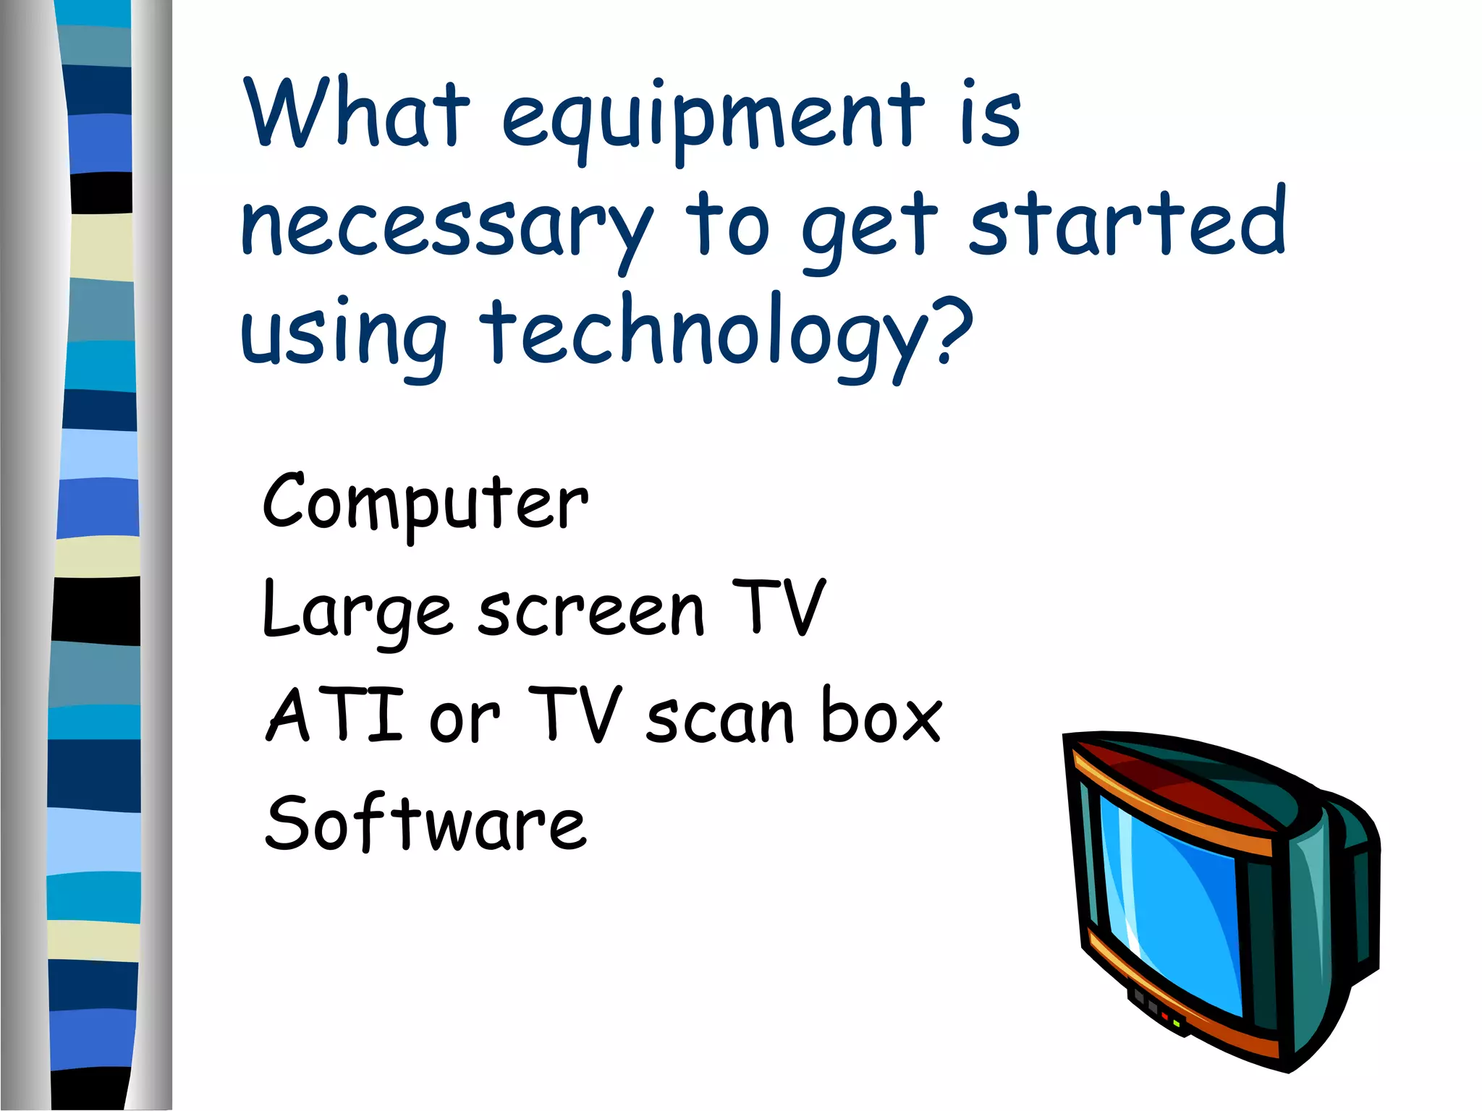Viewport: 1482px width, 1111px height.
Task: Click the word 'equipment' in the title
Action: (713, 119)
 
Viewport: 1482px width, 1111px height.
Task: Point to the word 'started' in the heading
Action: (1127, 221)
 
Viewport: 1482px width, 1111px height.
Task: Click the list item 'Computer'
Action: (425, 503)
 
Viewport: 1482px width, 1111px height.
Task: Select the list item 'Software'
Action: (425, 825)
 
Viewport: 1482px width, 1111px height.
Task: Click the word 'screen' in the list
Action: (590, 611)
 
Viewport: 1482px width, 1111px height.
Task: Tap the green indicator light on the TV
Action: (1177, 1023)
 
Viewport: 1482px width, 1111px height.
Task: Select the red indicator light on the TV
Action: (1164, 1016)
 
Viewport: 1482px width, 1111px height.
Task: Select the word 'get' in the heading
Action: (870, 228)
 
